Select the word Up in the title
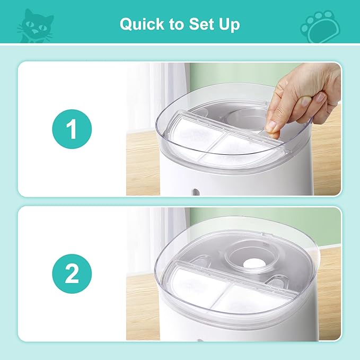pyautogui.click(x=226, y=24)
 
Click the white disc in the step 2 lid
pyautogui.click(x=248, y=262)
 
